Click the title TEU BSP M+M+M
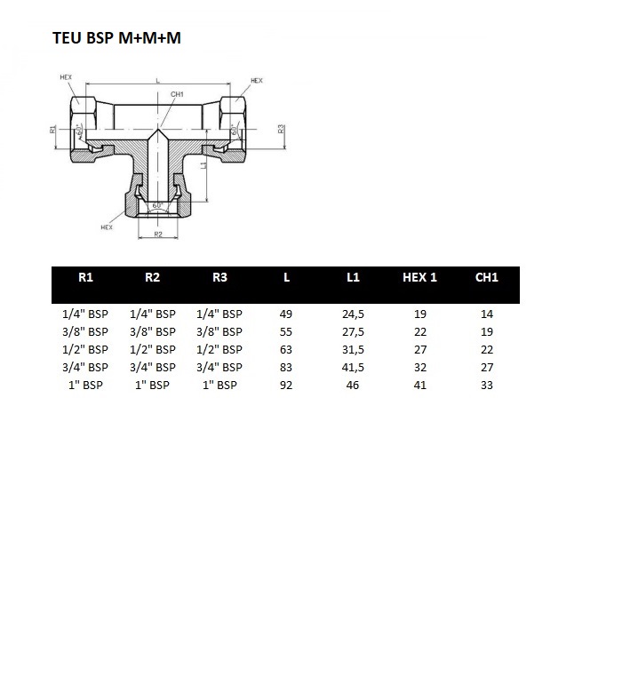[x=116, y=38]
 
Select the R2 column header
[x=152, y=277]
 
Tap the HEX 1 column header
[x=419, y=277]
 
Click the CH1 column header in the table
[x=487, y=277]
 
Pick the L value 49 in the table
[x=286, y=314]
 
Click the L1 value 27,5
[x=353, y=332]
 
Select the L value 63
[x=286, y=350]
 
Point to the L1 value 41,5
[x=353, y=368]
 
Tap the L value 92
[x=286, y=385]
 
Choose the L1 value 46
[x=353, y=385]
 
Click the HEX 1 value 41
[x=420, y=385]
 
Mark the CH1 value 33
[x=487, y=385]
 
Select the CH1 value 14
[x=487, y=314]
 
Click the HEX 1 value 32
[x=420, y=368]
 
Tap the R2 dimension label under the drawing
[x=158, y=235]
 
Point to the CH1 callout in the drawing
[x=177, y=94]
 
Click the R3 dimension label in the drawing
[x=281, y=129]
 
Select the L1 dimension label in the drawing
[x=204, y=164]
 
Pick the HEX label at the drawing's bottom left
[x=107, y=227]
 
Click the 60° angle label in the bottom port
[x=157, y=205]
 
